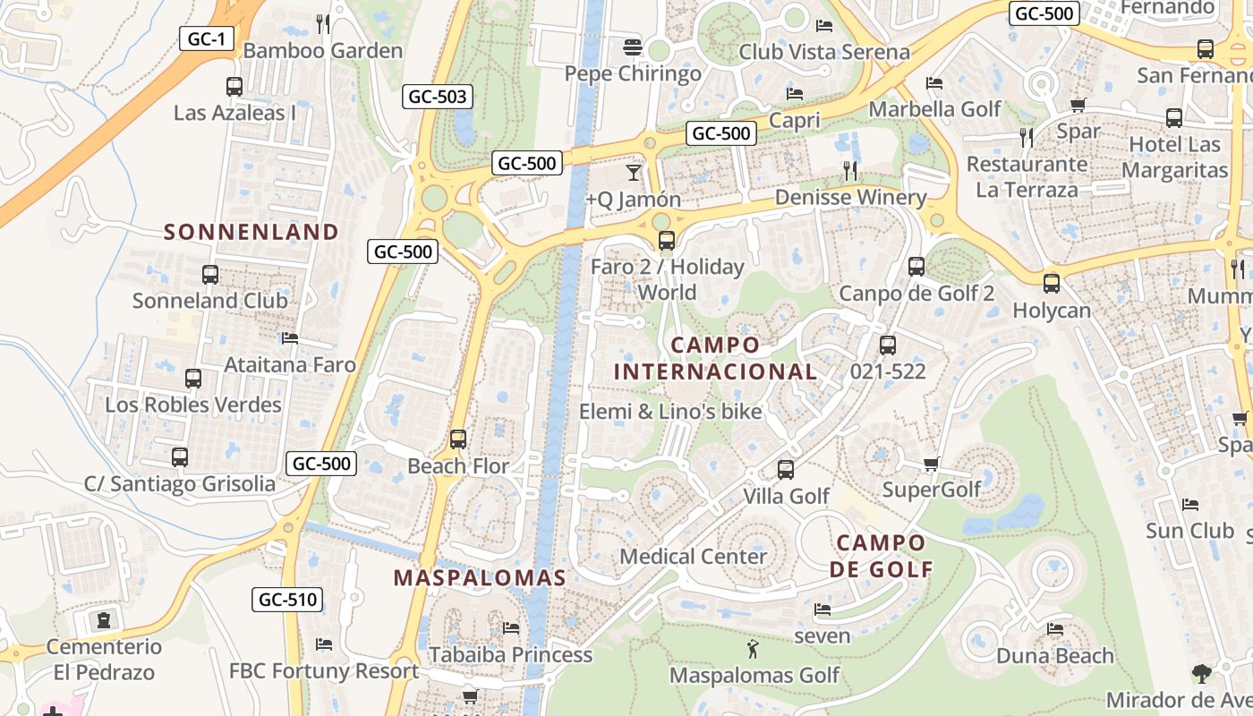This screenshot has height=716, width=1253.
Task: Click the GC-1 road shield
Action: click(208, 38)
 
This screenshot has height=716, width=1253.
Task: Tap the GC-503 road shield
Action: click(438, 97)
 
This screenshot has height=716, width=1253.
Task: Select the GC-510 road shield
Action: click(287, 599)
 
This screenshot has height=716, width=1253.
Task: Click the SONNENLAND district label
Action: click(251, 233)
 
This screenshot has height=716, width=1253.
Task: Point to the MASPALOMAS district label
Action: click(481, 578)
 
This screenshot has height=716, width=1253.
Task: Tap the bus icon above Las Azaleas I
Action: click(234, 87)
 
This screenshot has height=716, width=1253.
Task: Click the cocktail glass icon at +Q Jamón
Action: click(634, 172)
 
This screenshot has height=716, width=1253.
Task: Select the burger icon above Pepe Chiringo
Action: click(633, 46)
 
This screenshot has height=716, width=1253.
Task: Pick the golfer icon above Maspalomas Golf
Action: click(754, 647)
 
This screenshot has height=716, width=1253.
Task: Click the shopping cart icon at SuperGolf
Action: click(932, 464)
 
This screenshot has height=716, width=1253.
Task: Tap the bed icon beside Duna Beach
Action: click(1056, 629)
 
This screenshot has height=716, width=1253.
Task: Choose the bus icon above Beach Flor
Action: click(458, 439)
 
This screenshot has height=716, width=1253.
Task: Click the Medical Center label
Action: click(694, 557)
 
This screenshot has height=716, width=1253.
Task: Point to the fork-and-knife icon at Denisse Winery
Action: click(850, 170)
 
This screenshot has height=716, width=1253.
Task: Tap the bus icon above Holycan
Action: click(1052, 284)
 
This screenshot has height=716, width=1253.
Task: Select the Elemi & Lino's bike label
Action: click(670, 412)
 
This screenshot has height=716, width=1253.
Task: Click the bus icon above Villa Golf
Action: click(786, 469)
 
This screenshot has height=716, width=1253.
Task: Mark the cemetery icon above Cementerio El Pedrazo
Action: click(105, 619)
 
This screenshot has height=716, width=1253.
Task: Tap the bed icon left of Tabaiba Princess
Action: click(511, 627)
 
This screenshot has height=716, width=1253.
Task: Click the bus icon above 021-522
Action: click(888, 345)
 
